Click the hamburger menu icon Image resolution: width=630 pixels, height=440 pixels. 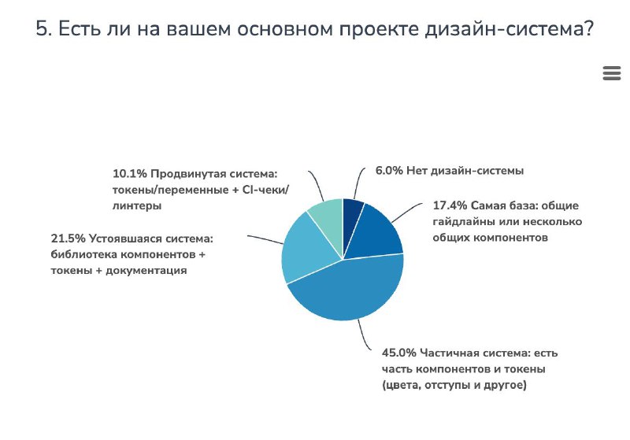pos(611,73)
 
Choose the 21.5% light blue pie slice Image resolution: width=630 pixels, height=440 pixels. pos(303,248)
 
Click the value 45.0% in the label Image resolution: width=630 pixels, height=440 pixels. pos(399,352)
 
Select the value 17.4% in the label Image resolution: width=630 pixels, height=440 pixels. pos(450,205)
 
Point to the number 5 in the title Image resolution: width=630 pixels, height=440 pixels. pos(43,29)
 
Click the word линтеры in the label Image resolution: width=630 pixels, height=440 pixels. pos(136,205)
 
